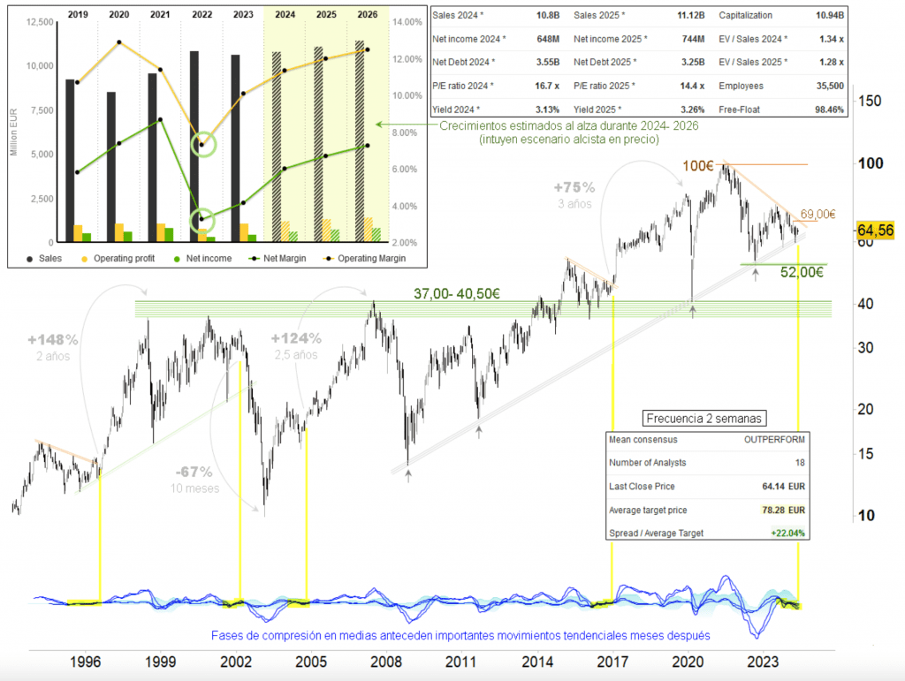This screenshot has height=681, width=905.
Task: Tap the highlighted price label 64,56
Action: (878, 230)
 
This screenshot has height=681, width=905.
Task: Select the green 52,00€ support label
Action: (802, 273)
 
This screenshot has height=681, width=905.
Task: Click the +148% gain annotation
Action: (53, 339)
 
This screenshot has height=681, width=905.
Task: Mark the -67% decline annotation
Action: (192, 472)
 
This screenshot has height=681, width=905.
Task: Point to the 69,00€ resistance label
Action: (818, 214)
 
